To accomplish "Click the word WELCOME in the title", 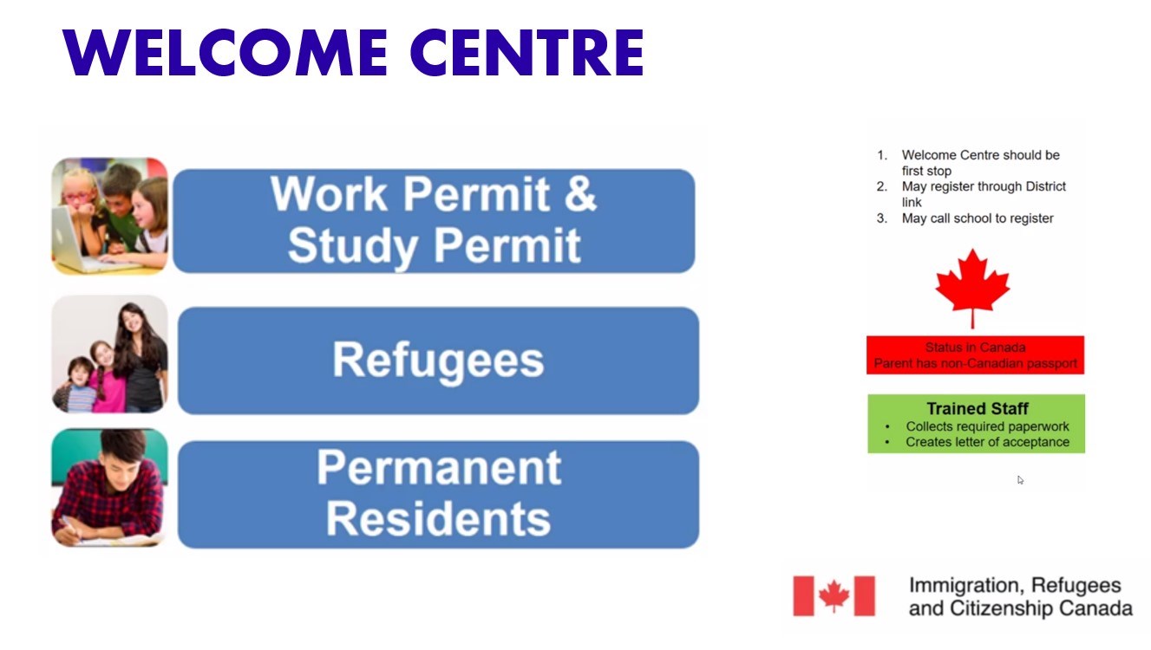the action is pyautogui.click(x=225, y=52).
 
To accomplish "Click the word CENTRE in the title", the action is pyautogui.click(x=527, y=52).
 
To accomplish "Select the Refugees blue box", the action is pyautogui.click(x=438, y=361).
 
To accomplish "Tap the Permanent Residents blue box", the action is pyautogui.click(x=438, y=494).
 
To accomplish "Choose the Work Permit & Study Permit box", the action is pyautogui.click(x=435, y=221).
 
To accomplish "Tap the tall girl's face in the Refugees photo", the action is pyautogui.click(x=132, y=321).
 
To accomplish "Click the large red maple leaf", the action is pyautogui.click(x=972, y=289).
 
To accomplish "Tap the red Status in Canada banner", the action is pyautogui.click(x=975, y=355).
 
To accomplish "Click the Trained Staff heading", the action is pyautogui.click(x=978, y=409).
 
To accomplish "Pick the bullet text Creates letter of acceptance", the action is pyautogui.click(x=987, y=442).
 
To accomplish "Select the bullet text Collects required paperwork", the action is pyautogui.click(x=987, y=426).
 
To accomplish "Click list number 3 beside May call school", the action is pyautogui.click(x=882, y=218).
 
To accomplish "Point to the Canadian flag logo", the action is pyautogui.click(x=834, y=596).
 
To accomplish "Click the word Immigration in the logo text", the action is pyautogui.click(x=966, y=586).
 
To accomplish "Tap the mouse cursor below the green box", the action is pyautogui.click(x=1020, y=480).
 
